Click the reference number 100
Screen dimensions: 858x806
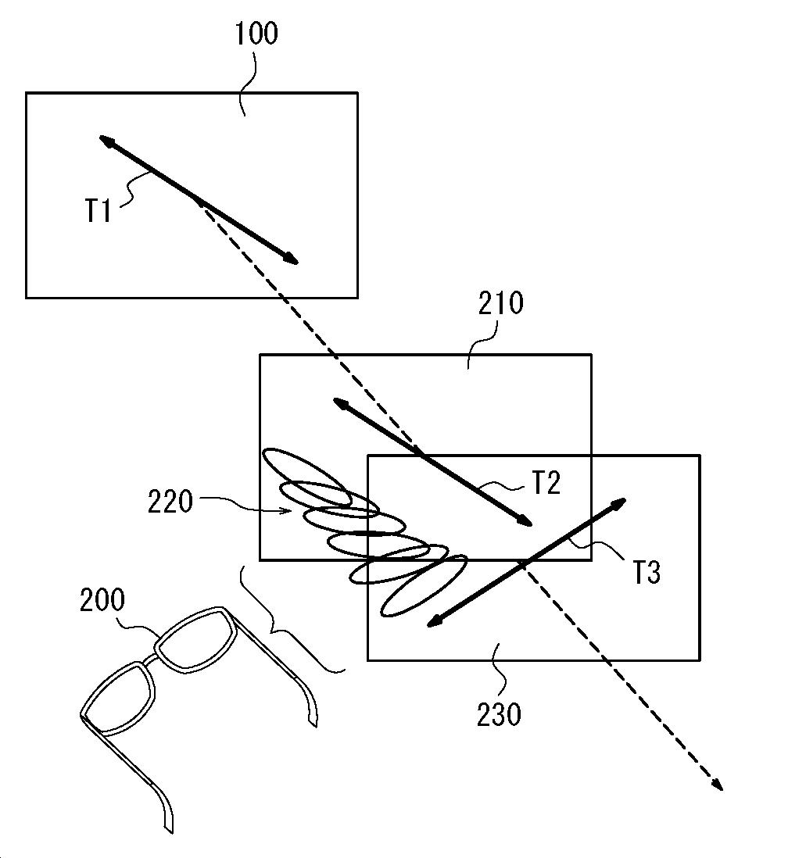(256, 35)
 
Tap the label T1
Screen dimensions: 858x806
(99, 211)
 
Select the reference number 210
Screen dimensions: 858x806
(501, 303)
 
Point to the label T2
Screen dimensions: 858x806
(546, 484)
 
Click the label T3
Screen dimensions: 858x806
(646, 573)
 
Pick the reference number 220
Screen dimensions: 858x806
(170, 501)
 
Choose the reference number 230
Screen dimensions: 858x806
(499, 713)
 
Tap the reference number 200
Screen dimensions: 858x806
(102, 600)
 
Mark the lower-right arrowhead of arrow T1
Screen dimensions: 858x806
(292, 261)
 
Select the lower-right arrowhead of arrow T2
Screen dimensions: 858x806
(527, 522)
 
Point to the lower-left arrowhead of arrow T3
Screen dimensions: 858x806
(432, 622)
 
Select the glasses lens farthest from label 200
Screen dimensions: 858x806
(116, 699)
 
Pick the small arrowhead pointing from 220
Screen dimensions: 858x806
(289, 511)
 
